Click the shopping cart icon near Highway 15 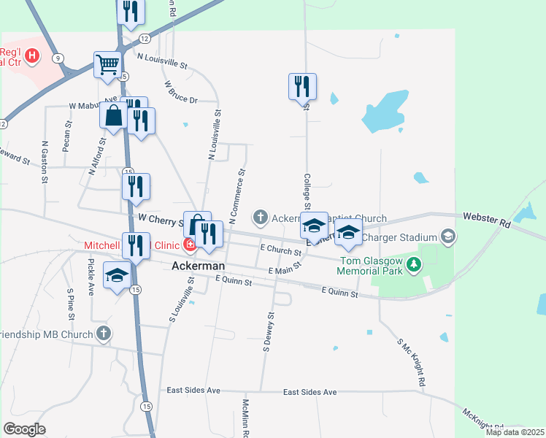[x=107, y=65]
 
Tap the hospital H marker [x=32, y=55]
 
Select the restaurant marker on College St [x=302, y=87]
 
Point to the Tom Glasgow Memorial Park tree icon [x=415, y=264]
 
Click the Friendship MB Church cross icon [x=104, y=334]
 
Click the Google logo [x=24, y=429]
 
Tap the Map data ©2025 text [x=515, y=432]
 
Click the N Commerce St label [x=237, y=196]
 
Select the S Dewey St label [x=267, y=331]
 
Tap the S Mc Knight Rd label [x=411, y=362]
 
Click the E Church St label [x=280, y=250]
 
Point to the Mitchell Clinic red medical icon [x=190, y=244]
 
